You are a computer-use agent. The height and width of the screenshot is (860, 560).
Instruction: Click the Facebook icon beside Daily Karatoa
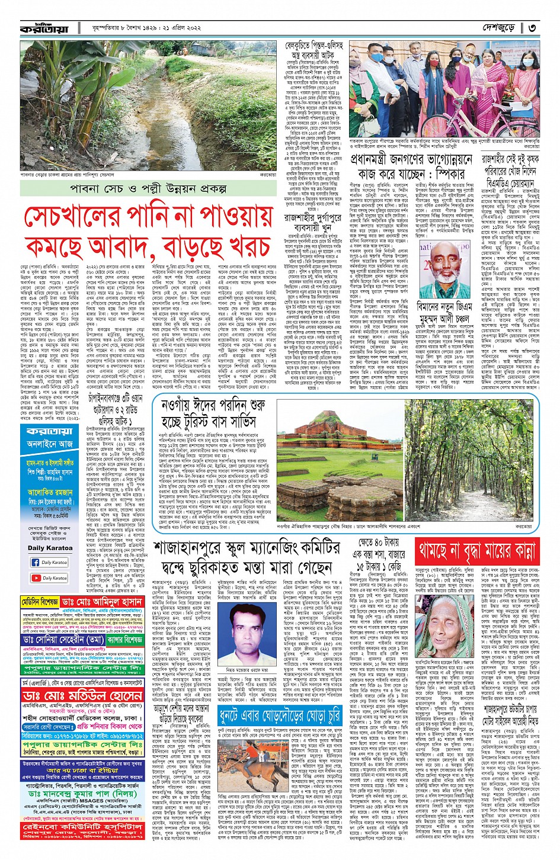[x=36, y=562]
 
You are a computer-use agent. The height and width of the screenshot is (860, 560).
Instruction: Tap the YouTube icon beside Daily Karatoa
[x=36, y=577]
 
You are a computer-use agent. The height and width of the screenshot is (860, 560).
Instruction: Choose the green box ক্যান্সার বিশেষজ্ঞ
[x=124, y=640]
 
